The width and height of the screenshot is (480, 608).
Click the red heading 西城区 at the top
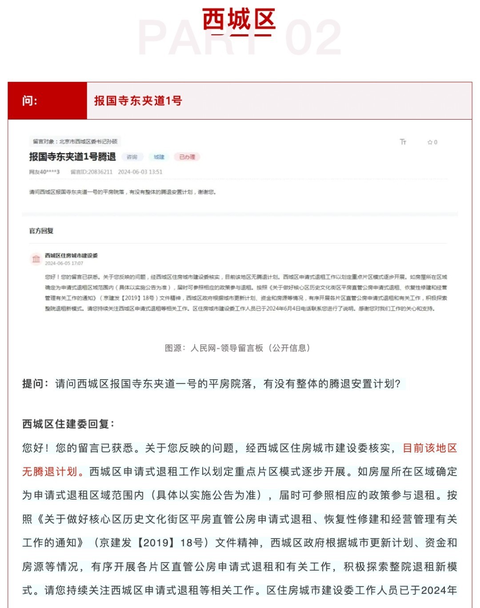point(239,20)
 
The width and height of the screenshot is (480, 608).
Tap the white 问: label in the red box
point(30,101)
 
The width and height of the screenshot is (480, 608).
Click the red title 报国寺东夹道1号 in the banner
point(138,101)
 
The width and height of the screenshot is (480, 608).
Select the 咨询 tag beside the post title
point(132,157)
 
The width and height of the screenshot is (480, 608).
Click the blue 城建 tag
point(159,157)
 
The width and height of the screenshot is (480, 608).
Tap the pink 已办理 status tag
point(187,157)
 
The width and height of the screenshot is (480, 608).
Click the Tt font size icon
point(403,142)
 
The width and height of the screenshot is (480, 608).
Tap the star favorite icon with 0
point(432,142)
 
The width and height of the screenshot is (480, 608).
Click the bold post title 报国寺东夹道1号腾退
point(72,156)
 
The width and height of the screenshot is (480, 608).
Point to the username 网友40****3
point(44,172)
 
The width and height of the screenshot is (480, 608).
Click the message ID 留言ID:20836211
point(92,172)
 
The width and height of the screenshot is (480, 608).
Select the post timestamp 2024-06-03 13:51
point(140,172)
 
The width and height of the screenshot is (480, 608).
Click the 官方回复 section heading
point(41,231)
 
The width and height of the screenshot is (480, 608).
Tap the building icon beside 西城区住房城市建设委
point(36,259)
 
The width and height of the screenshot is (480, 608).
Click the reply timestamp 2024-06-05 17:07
point(64,263)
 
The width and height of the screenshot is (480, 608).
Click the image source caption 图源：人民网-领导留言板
point(237,348)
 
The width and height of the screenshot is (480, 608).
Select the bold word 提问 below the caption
point(33,384)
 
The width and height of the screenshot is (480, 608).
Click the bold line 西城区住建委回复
point(68,424)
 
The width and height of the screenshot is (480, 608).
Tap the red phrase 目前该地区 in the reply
point(429,448)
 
